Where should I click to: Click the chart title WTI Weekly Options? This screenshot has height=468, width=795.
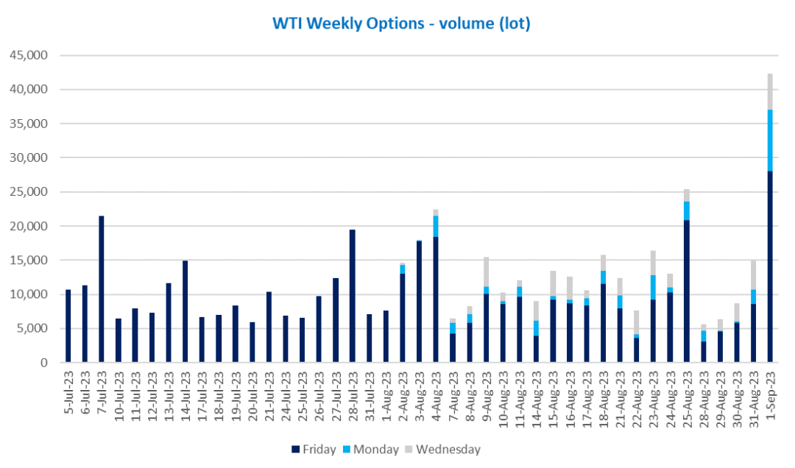click(348, 24)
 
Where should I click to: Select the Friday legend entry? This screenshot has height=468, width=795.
click(314, 450)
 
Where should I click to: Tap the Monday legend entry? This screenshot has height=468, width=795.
click(371, 450)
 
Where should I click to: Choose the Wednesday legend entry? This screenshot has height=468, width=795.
click(442, 450)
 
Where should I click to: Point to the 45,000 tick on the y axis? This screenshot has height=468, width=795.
click(29, 54)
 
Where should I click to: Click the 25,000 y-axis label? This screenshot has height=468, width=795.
click(29, 191)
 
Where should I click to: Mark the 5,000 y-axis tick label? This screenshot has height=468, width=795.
click(32, 329)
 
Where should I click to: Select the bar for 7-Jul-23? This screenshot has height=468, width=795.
click(102, 289)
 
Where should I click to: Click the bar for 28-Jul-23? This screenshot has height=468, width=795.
click(353, 296)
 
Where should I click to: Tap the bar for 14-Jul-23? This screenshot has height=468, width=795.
click(185, 311)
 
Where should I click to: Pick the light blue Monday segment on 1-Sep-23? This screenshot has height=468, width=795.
click(770, 141)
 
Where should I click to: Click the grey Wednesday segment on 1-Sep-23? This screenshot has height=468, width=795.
click(770, 92)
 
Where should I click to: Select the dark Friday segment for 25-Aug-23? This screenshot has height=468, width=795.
click(687, 291)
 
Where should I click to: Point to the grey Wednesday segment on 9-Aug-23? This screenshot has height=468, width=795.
click(486, 272)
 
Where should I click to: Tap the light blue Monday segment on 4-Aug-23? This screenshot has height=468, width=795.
click(436, 227)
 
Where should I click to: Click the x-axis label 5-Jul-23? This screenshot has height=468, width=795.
click(69, 392)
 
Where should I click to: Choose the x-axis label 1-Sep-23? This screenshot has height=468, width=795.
click(771, 392)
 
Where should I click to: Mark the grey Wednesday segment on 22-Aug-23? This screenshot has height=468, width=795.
click(636, 322)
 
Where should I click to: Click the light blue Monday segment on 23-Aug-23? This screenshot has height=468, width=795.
click(653, 288)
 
